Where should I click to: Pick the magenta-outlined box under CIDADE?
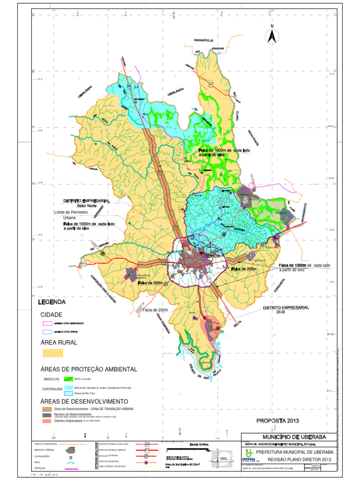point(47,323)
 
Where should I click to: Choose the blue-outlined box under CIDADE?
point(47,331)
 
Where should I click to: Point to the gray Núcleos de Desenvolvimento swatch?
point(46,415)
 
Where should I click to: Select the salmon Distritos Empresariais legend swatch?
point(46,421)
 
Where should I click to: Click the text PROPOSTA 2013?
point(277,420)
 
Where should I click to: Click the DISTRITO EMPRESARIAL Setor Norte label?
point(86,202)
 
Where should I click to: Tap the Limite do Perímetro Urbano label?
point(70,215)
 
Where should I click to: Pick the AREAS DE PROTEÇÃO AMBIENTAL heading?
point(89,369)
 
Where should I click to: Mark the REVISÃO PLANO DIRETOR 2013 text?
point(300,459)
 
